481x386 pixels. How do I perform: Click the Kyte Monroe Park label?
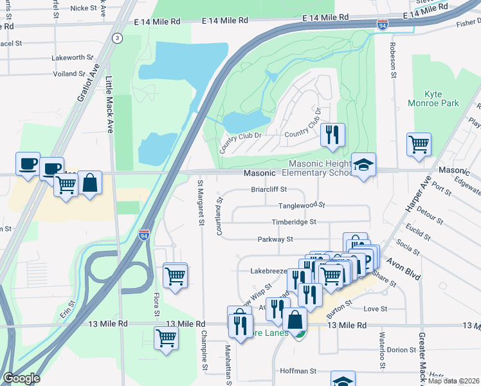[433, 98]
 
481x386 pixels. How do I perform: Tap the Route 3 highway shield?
[116, 39]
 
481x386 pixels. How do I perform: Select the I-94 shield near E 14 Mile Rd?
[383, 24]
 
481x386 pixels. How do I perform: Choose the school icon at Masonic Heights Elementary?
[363, 165]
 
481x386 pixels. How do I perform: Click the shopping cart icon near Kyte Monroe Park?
[419, 144]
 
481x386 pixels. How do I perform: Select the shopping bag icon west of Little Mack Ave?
[90, 183]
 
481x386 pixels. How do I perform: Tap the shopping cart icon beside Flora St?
[175, 275]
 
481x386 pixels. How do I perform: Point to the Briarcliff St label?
[268, 190]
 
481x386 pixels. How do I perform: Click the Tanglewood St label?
[302, 206]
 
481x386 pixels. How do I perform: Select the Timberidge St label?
[293, 222]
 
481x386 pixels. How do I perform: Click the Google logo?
[21, 378]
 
